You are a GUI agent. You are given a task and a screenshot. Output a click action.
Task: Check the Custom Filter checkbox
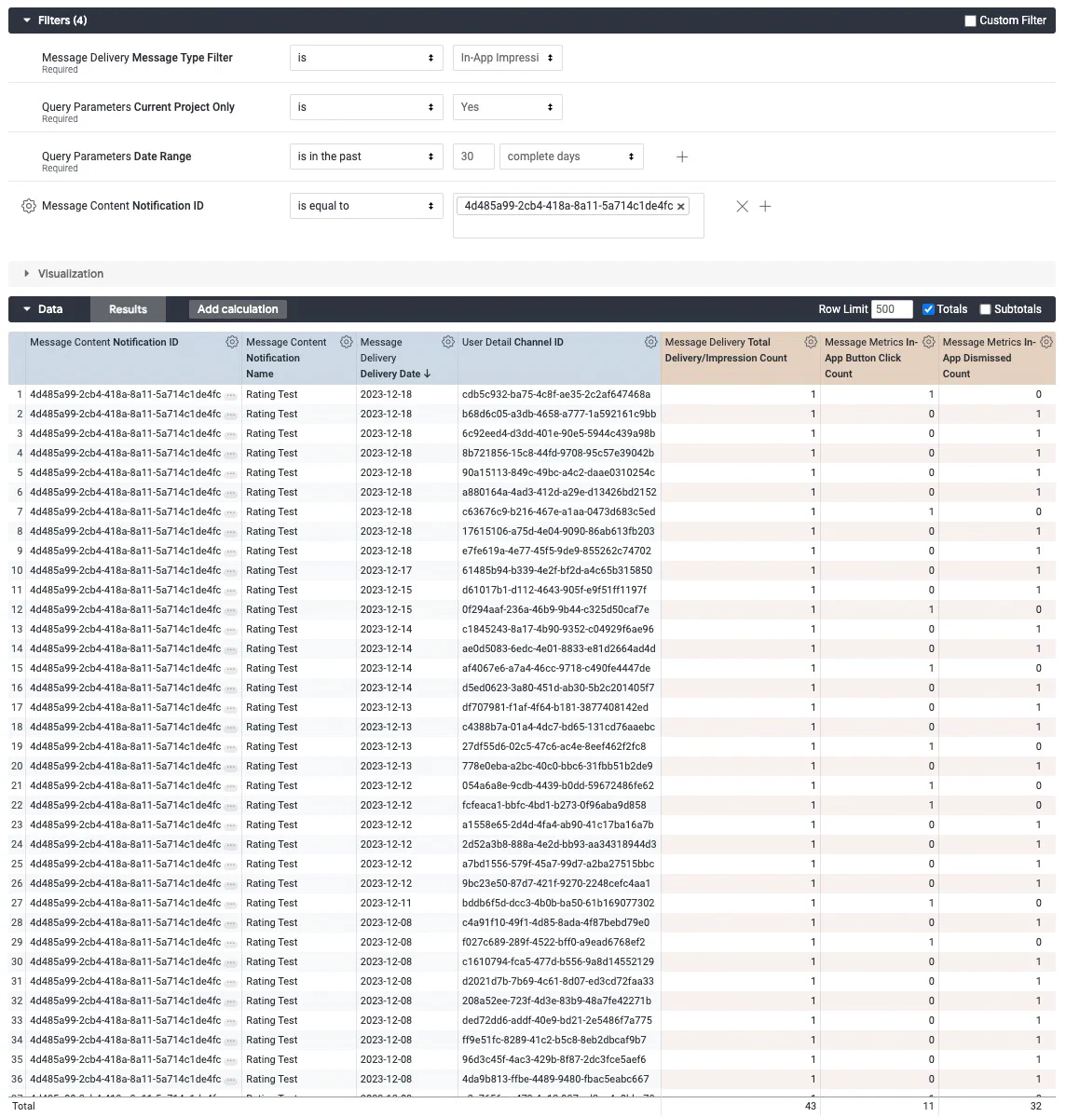(x=970, y=20)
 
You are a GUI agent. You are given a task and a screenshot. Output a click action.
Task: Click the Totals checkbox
(x=928, y=309)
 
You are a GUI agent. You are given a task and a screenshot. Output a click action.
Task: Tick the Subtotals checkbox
(x=985, y=309)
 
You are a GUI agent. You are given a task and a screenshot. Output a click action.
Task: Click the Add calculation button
(x=238, y=309)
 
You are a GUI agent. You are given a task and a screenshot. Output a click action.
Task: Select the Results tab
(x=128, y=309)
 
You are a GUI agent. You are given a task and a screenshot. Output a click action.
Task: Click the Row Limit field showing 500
(x=891, y=309)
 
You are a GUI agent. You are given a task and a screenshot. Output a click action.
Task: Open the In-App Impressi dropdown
(x=507, y=58)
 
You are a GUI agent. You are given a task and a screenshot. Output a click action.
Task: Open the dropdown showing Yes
(x=507, y=107)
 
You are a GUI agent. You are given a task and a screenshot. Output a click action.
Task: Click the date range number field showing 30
(x=472, y=157)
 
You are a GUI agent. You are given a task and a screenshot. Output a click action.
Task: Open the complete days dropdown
(x=570, y=157)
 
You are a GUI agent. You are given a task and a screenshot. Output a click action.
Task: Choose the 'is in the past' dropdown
(x=365, y=157)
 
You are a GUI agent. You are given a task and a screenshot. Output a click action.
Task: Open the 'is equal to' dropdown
(x=365, y=206)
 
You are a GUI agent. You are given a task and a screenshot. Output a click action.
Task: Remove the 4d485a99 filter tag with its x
(x=681, y=207)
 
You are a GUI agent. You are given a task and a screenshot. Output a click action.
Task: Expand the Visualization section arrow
(x=27, y=274)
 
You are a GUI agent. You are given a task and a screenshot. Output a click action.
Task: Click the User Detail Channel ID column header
(x=512, y=342)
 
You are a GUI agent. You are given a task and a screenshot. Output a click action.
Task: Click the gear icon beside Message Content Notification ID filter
(x=28, y=206)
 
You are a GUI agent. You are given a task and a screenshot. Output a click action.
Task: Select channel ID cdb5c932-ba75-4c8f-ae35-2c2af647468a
(x=556, y=394)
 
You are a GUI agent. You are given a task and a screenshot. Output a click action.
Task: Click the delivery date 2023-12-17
(x=386, y=570)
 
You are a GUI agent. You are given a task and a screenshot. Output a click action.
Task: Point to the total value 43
(x=810, y=1106)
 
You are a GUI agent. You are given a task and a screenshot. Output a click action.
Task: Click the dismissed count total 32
(x=1035, y=1106)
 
